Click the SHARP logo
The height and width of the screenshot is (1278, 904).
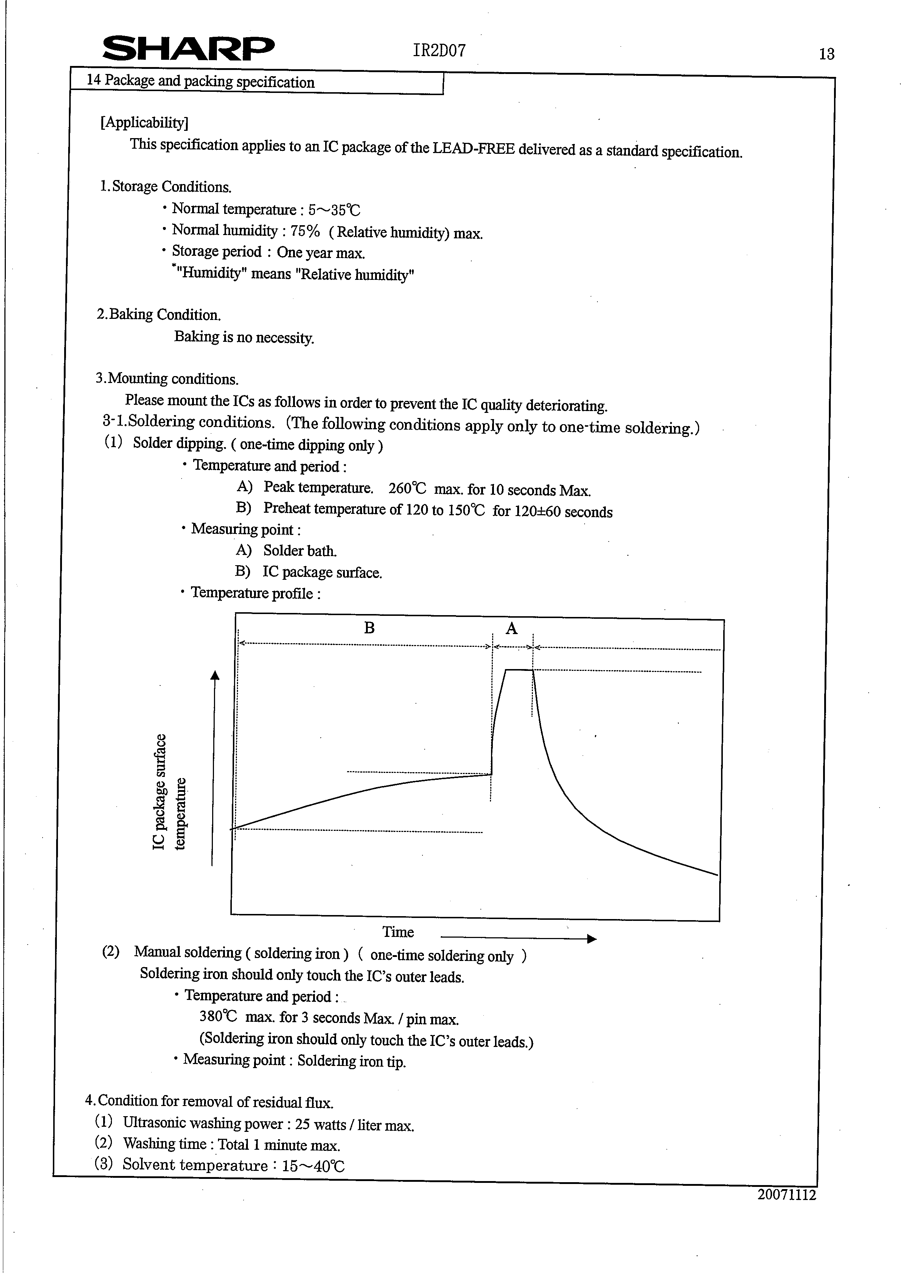188,49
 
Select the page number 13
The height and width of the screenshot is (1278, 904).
827,54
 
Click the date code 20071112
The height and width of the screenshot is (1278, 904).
787,1195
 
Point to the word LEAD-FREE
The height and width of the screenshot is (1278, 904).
473,149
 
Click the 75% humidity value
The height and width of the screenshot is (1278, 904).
305,231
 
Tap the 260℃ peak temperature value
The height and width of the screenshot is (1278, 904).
407,489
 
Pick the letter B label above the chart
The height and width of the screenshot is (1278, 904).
369,628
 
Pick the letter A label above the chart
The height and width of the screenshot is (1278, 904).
511,628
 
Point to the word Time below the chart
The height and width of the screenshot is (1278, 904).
398,932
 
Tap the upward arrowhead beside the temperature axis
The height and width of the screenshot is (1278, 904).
215,675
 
